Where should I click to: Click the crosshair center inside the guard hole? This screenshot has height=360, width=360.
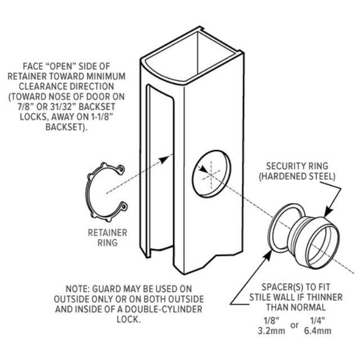pyautogui.click(x=210, y=174)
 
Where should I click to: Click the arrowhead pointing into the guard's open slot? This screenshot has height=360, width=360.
pyautogui.click(x=166, y=159)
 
